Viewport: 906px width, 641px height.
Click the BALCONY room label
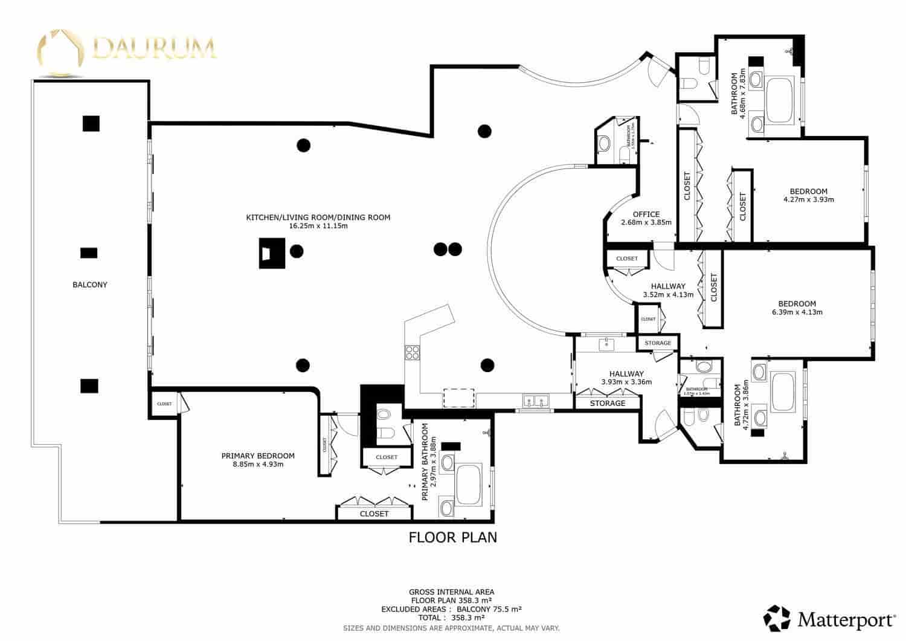pos(89,285)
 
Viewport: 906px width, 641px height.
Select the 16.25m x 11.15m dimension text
pos(318,227)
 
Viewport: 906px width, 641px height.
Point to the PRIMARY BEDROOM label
pos(258,456)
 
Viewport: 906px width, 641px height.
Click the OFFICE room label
pos(646,214)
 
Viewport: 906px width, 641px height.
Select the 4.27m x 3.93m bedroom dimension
pos(808,200)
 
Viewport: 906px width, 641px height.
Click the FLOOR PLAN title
pos(453,537)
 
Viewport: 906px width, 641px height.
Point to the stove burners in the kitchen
pos(413,352)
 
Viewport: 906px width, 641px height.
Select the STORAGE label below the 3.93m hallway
pos(607,403)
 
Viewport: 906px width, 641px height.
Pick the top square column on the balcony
pos(91,123)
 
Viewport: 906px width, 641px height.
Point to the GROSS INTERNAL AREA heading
pos(451,591)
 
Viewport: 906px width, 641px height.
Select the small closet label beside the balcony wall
pos(164,404)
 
